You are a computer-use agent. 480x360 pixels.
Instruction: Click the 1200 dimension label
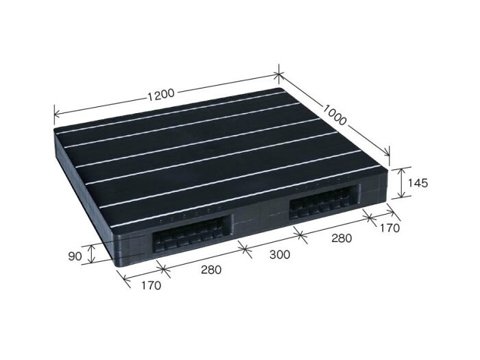[161, 94]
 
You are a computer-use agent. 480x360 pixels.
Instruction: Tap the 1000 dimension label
[335, 115]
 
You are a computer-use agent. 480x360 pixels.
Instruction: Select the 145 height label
[418, 183]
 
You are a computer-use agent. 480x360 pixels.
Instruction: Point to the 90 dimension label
[75, 256]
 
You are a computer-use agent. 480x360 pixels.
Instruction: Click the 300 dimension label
[280, 254]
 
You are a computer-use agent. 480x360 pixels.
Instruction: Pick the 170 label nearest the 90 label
[151, 285]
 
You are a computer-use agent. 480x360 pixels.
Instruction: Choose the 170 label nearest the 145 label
[389, 228]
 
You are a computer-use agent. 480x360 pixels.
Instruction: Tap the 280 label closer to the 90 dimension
[211, 269]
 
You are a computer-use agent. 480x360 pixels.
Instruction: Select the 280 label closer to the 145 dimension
[341, 238]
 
